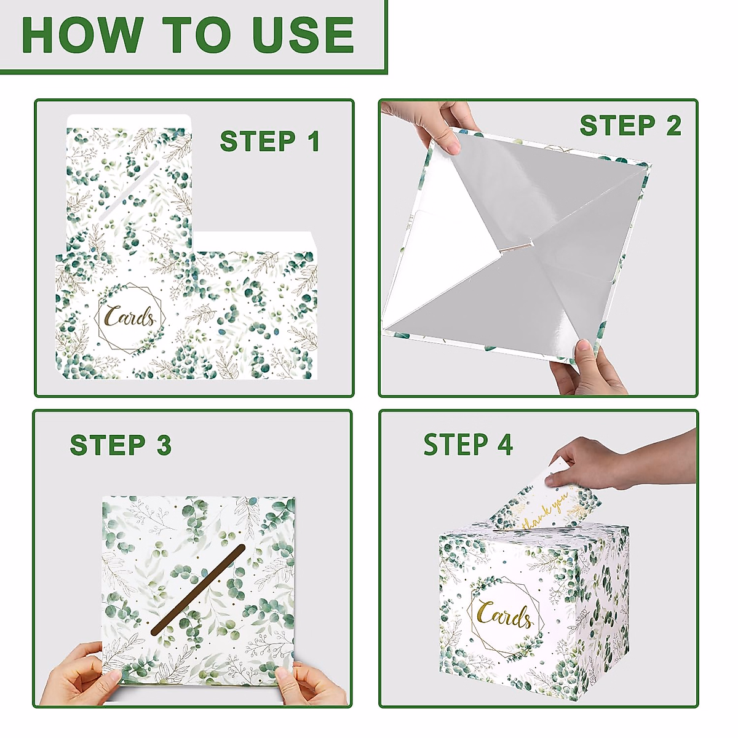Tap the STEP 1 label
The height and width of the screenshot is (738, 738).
tap(271, 141)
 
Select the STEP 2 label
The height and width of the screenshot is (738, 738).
tap(631, 125)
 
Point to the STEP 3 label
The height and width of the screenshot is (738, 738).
tap(121, 445)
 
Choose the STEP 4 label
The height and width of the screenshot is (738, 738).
tap(469, 444)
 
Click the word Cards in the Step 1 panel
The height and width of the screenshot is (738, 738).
tap(130, 316)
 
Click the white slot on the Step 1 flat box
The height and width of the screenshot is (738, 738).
tap(129, 191)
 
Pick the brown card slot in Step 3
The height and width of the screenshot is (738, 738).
tap(198, 590)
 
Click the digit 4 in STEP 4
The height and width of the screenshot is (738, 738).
tap(504, 444)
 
